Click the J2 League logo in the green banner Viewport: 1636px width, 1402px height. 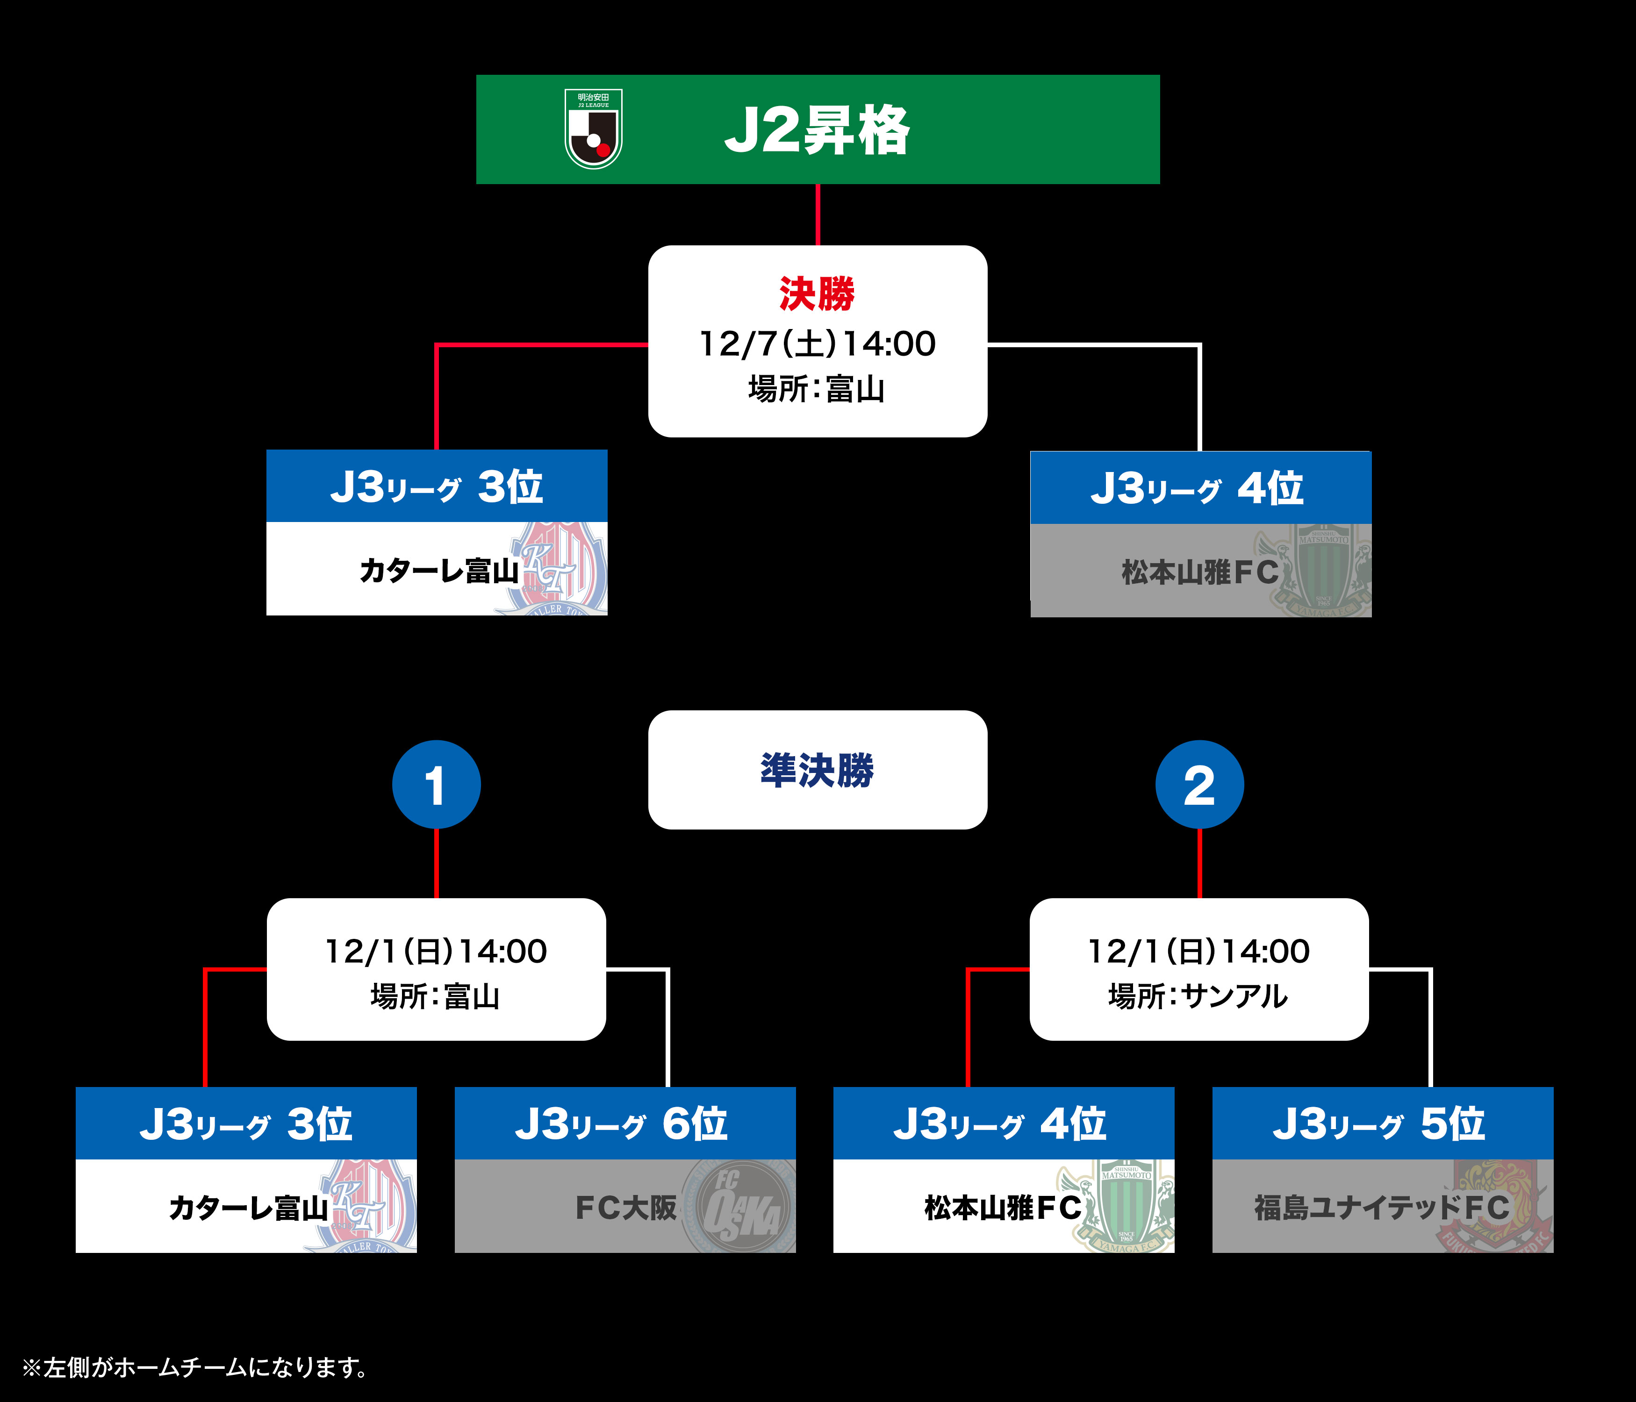tap(594, 129)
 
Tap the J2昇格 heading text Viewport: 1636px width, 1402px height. tap(817, 130)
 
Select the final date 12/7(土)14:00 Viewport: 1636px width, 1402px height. tap(817, 343)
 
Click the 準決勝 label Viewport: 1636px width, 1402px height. tap(817, 770)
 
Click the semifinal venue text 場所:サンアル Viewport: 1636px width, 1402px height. tap(1198, 996)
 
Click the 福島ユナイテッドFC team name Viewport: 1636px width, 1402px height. tap(1382, 1207)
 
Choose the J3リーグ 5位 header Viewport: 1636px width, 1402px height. tap(1382, 1123)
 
